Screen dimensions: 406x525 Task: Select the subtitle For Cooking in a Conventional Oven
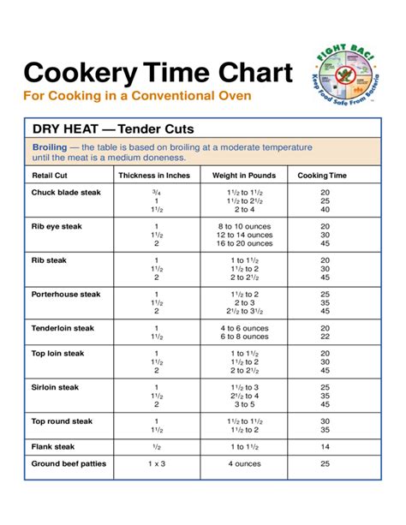tap(137, 96)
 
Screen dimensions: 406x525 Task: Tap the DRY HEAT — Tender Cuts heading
tap(113, 129)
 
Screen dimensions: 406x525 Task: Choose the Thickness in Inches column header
tap(154, 176)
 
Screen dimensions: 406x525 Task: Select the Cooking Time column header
tap(323, 176)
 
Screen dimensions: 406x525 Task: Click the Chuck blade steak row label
tap(66, 193)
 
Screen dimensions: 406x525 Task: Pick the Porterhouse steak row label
tap(66, 294)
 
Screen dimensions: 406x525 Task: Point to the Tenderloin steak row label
tap(63, 328)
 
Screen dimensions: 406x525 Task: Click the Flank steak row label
tap(54, 446)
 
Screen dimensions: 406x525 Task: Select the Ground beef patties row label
tap(70, 463)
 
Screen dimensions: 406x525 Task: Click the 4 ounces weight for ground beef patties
tap(244, 463)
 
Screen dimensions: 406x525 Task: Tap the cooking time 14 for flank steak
tap(325, 446)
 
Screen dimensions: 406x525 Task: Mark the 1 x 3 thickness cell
tap(156, 463)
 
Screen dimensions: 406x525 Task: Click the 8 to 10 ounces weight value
tap(244, 226)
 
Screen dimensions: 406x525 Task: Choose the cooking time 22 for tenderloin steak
tap(325, 337)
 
